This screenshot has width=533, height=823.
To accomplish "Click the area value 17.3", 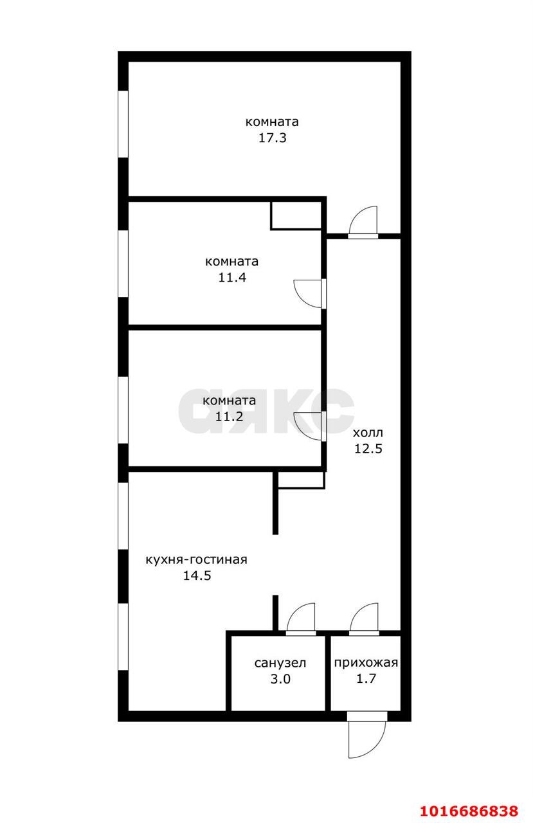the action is click(272, 138).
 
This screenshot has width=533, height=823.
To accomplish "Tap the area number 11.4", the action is click(232, 277).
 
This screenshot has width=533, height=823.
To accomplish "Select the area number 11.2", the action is click(229, 416).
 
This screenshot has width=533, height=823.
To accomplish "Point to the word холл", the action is click(368, 433).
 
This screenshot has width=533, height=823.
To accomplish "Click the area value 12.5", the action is click(368, 449).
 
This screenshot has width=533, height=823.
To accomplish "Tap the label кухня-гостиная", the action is click(197, 560).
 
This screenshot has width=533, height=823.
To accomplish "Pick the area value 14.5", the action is click(197, 575).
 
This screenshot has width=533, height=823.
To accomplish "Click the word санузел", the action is click(280, 663).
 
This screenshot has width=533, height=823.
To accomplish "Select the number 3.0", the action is click(280, 679).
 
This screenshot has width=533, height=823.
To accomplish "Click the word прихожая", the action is click(366, 663).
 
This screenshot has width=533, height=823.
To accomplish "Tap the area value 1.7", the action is click(366, 678).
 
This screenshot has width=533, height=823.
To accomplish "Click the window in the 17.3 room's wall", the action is click(123, 124).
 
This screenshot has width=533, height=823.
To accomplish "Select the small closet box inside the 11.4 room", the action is click(296, 215).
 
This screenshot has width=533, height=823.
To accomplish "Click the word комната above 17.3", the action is click(272, 122).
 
